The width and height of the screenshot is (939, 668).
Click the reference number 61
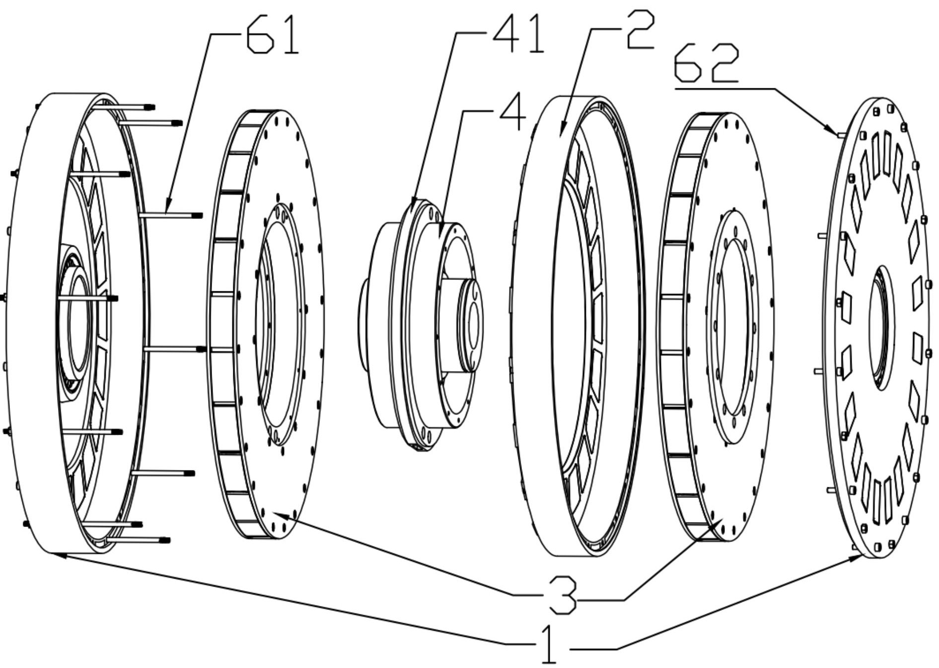click(x=274, y=36)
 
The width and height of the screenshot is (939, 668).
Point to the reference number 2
click(x=641, y=30)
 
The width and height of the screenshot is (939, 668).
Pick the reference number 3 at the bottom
click(x=562, y=595)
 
